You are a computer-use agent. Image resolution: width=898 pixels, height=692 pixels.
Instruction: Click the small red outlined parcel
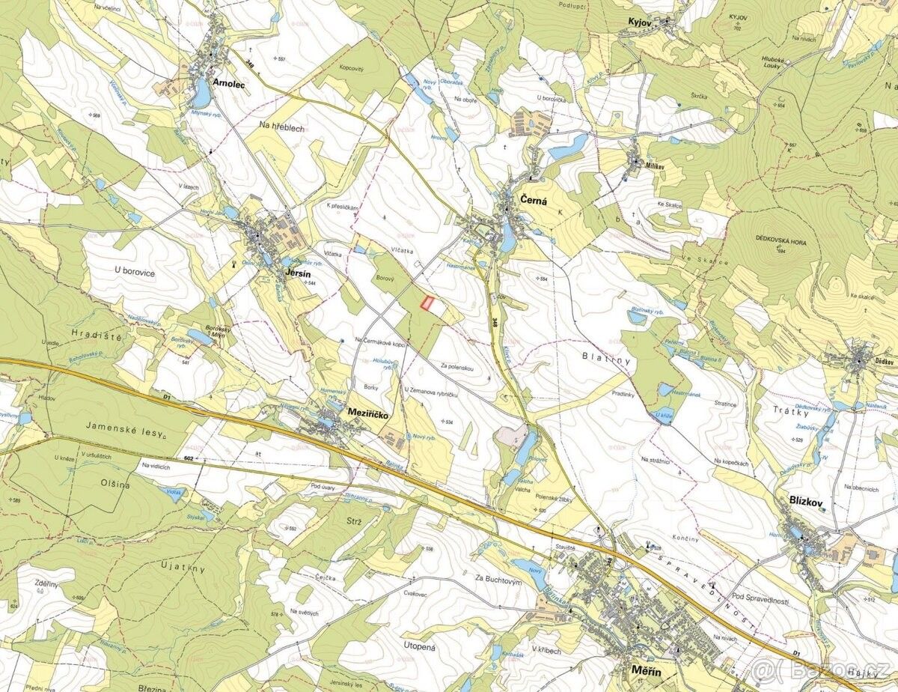pos(428,303)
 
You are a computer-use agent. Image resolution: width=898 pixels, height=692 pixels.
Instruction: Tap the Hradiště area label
pos(96,336)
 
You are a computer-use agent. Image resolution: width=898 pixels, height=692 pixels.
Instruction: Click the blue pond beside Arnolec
pos(201,93)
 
